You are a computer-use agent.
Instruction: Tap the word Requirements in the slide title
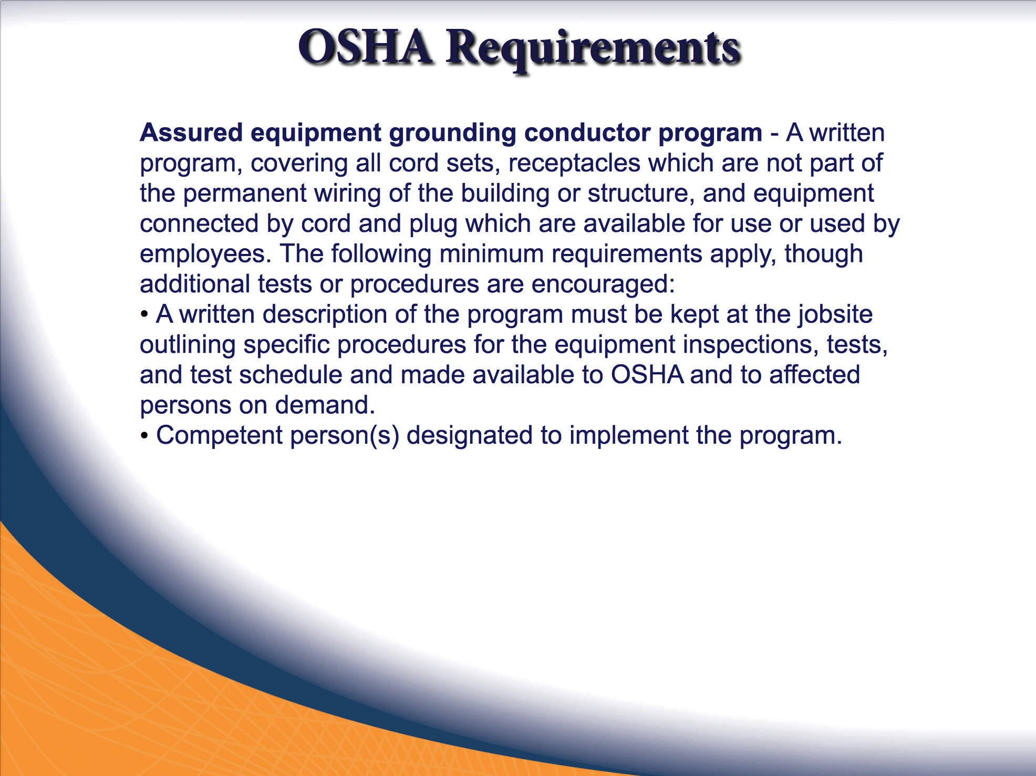593,50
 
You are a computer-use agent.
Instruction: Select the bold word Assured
191,132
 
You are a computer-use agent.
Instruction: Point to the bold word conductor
587,132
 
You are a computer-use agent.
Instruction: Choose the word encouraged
603,285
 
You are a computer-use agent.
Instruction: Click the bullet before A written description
144,315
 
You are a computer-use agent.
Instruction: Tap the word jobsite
836,315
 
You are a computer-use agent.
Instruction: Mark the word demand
325,405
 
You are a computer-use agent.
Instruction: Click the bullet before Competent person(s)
144,436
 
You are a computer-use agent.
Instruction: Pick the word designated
470,436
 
